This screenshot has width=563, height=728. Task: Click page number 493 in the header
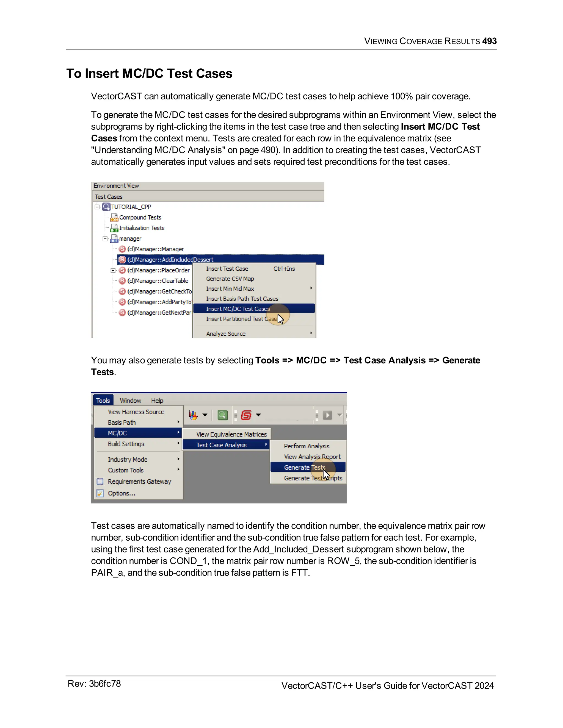click(x=489, y=41)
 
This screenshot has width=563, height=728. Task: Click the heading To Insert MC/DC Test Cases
click(x=149, y=73)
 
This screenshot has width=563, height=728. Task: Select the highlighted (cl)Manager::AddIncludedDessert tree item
click(x=170, y=259)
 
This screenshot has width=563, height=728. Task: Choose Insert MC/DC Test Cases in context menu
click(x=238, y=309)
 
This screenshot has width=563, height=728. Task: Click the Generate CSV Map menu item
click(x=230, y=279)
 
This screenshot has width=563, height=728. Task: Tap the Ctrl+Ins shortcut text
click(x=284, y=269)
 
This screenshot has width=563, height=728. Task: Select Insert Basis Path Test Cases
click(x=242, y=299)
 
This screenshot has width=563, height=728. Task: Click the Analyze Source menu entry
click(x=225, y=334)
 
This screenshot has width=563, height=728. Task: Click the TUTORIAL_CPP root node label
click(x=131, y=207)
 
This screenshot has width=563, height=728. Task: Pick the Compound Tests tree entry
click(x=140, y=217)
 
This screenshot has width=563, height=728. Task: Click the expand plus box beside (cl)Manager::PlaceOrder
click(x=113, y=270)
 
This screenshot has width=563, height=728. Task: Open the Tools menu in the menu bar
click(x=103, y=400)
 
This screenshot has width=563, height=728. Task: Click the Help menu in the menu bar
click(x=157, y=400)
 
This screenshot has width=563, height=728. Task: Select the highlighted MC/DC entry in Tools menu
click(x=117, y=433)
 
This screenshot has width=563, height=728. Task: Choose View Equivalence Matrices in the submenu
click(x=231, y=434)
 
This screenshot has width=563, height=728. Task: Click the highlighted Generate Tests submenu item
click(x=304, y=467)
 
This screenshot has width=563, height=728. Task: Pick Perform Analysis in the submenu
click(x=306, y=446)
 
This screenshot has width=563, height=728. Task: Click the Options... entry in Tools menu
click(x=122, y=493)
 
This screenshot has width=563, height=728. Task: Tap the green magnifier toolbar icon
click(x=222, y=415)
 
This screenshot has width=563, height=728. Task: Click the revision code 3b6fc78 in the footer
click(x=105, y=684)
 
